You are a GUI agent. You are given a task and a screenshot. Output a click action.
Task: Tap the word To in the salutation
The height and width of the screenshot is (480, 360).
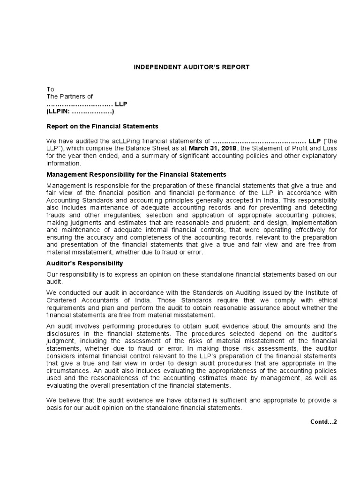tap(50, 89)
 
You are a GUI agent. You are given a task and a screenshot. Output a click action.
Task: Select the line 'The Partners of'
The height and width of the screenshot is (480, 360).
tap(69, 97)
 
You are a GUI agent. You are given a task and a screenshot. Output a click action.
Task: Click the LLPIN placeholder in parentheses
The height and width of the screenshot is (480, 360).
tap(80, 112)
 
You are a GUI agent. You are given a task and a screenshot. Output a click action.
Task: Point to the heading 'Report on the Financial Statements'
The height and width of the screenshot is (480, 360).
tap(102, 126)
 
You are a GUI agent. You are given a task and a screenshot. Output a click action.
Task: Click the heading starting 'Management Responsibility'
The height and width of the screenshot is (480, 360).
tap(136, 174)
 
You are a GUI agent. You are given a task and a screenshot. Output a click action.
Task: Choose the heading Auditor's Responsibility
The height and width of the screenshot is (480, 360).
tap(84, 263)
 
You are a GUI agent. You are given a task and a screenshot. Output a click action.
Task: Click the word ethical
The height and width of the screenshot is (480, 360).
tap(326, 300)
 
